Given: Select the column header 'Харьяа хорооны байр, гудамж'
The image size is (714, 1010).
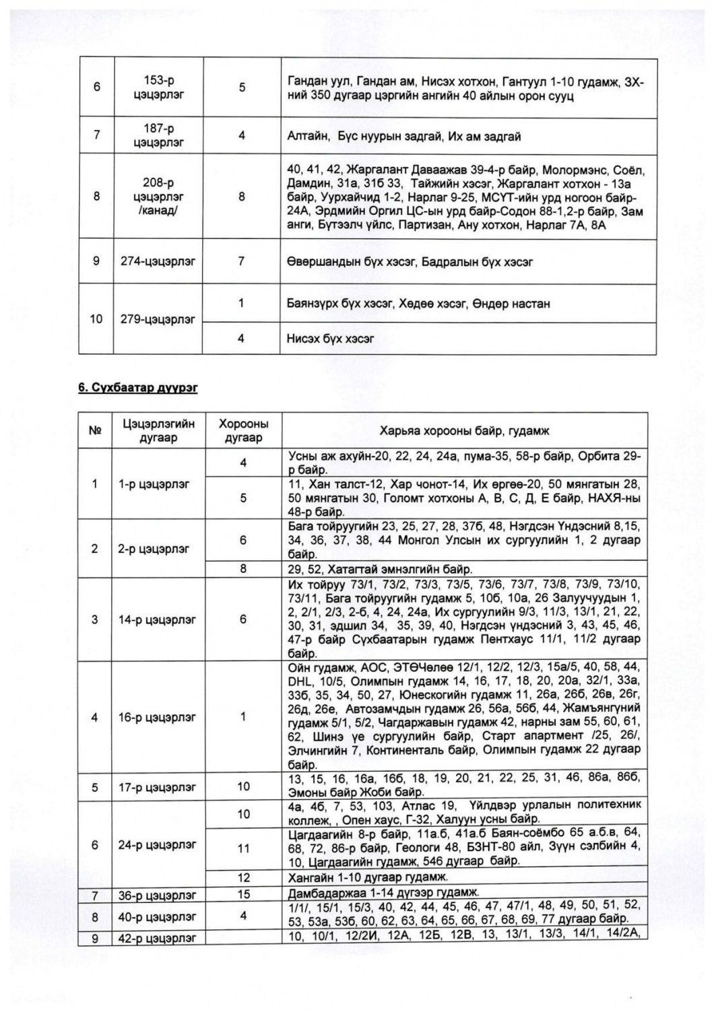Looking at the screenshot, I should [x=464, y=431].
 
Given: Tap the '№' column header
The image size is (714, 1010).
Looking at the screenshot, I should [x=95, y=431].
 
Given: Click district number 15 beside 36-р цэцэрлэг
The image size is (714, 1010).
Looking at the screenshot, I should [x=243, y=894].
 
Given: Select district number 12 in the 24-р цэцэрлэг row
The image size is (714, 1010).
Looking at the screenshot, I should [x=243, y=877].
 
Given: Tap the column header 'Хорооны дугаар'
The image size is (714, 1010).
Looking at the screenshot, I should [x=243, y=431].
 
